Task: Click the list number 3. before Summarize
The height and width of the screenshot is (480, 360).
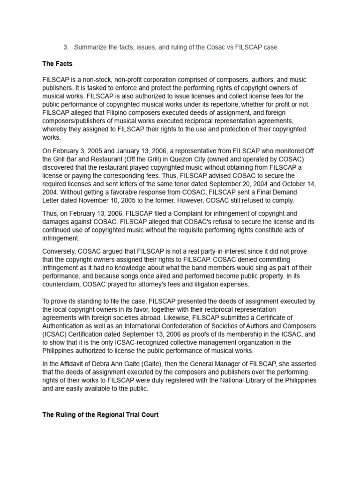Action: pos(66,47)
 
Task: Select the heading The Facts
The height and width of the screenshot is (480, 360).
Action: pos(57,64)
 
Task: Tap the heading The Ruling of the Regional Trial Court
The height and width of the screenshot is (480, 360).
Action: pos(100,415)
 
